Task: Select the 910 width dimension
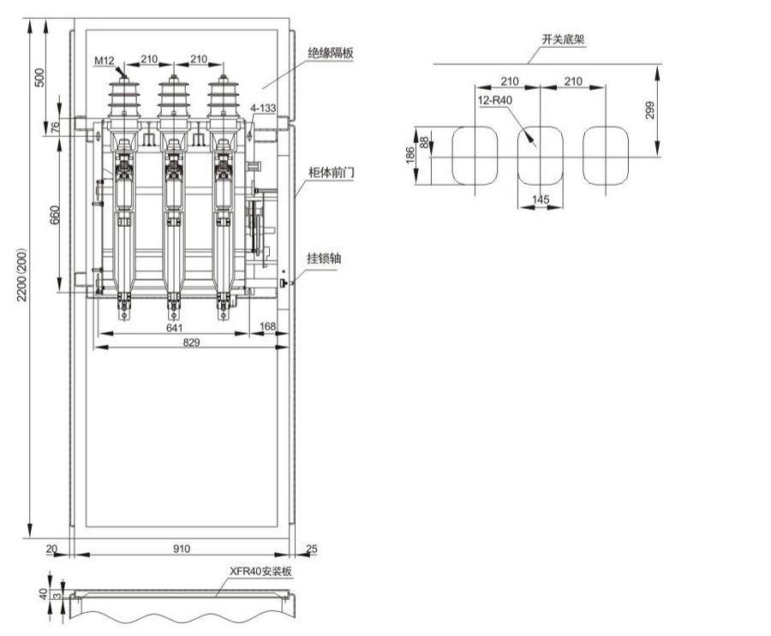tap(182, 548)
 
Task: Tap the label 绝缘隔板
tap(330, 52)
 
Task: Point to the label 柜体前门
tap(331, 172)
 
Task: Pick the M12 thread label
tap(103, 61)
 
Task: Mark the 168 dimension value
tap(267, 326)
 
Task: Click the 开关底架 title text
tap(557, 39)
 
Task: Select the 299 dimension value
tap(650, 110)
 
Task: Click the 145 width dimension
tap(541, 199)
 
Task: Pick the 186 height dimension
tap(411, 155)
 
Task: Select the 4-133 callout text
tap(263, 109)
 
